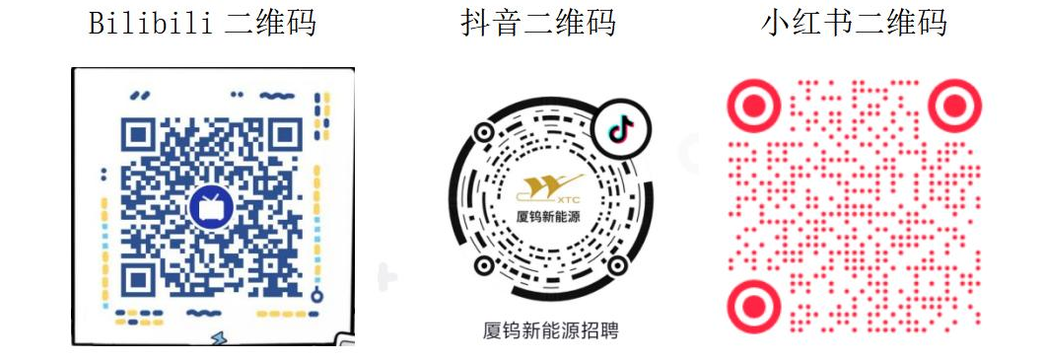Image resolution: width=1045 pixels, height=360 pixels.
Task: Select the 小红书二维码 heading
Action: (x=854, y=23)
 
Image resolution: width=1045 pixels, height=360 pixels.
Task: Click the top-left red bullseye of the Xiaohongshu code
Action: (x=754, y=104)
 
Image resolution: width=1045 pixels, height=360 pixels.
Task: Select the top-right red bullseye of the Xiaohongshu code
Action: (x=955, y=104)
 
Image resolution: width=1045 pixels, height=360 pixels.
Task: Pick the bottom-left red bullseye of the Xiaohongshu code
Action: (x=754, y=305)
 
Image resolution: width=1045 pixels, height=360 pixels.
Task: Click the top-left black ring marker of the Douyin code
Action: (x=484, y=132)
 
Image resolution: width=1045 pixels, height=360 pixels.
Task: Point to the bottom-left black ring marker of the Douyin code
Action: (x=484, y=265)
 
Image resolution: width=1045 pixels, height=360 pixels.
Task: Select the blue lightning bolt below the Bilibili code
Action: (x=218, y=338)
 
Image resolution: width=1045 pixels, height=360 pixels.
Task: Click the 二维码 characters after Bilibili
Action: (x=269, y=23)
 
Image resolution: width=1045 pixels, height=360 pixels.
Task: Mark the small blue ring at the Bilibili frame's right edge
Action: (x=316, y=295)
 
